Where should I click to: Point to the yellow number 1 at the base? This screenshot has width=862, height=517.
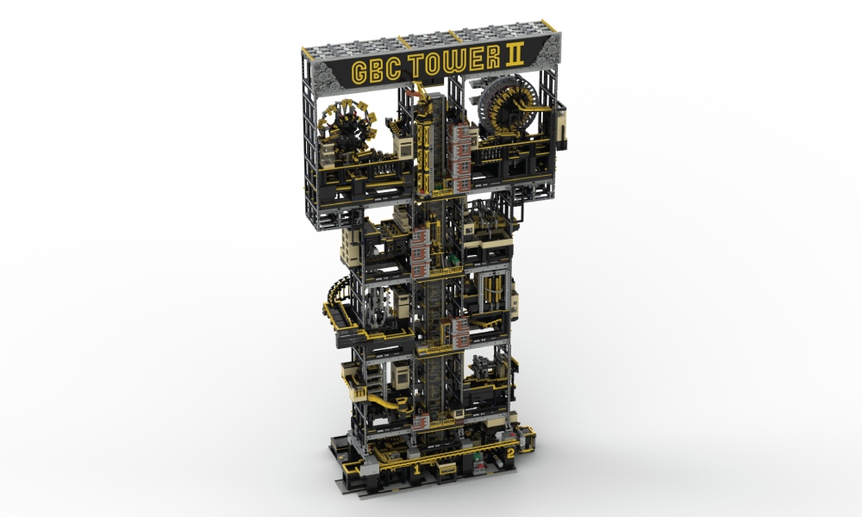click(418, 469)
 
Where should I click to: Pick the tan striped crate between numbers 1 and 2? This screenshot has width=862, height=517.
click(447, 470)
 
